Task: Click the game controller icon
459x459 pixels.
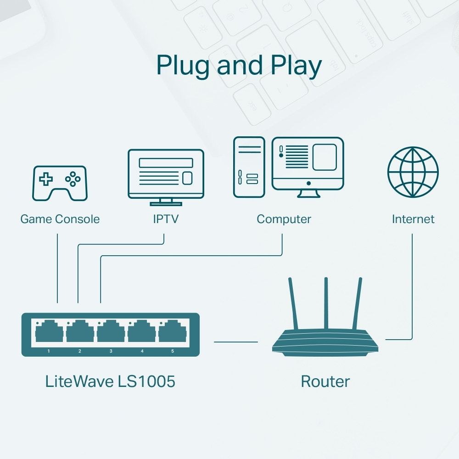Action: tap(59, 183)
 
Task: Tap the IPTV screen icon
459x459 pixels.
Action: tap(166, 174)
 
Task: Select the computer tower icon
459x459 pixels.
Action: tap(249, 167)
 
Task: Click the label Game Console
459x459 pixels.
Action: tap(60, 219)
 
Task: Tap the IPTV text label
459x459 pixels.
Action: tap(165, 219)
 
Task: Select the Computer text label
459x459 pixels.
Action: tap(284, 219)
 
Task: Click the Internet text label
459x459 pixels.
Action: tap(413, 219)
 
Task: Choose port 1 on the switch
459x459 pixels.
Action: tap(49, 331)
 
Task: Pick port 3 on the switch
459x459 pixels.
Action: tap(111, 331)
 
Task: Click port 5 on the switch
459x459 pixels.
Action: tap(173, 331)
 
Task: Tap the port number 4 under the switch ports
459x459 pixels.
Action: tap(142, 351)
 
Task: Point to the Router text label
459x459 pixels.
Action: tap(325, 381)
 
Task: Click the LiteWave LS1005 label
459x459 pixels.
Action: tap(110, 381)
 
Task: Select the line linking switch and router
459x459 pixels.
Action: tap(236, 341)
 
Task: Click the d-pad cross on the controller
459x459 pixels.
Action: tap(45, 179)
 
